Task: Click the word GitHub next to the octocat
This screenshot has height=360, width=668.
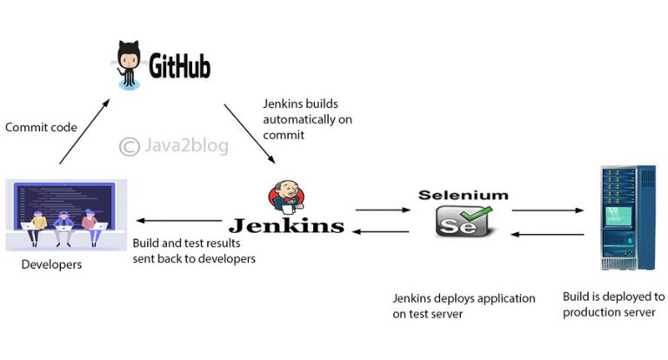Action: [x=179, y=67]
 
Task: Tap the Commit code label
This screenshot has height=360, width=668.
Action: [x=41, y=127]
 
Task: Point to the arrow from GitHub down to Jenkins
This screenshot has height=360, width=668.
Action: [x=250, y=133]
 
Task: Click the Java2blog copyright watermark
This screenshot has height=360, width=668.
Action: [x=174, y=145]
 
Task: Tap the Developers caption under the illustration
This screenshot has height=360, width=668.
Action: [x=51, y=264]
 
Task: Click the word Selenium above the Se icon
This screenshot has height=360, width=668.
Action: [x=461, y=193]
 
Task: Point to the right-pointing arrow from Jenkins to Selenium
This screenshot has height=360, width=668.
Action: [x=383, y=210]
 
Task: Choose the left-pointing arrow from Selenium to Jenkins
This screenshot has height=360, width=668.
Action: [x=383, y=231]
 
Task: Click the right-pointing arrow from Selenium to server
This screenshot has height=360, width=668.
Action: [x=546, y=210]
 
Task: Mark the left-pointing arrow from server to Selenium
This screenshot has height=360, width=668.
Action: [x=546, y=233]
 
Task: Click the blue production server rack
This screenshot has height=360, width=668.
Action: [x=622, y=218]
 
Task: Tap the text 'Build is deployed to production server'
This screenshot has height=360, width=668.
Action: [x=613, y=304]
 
